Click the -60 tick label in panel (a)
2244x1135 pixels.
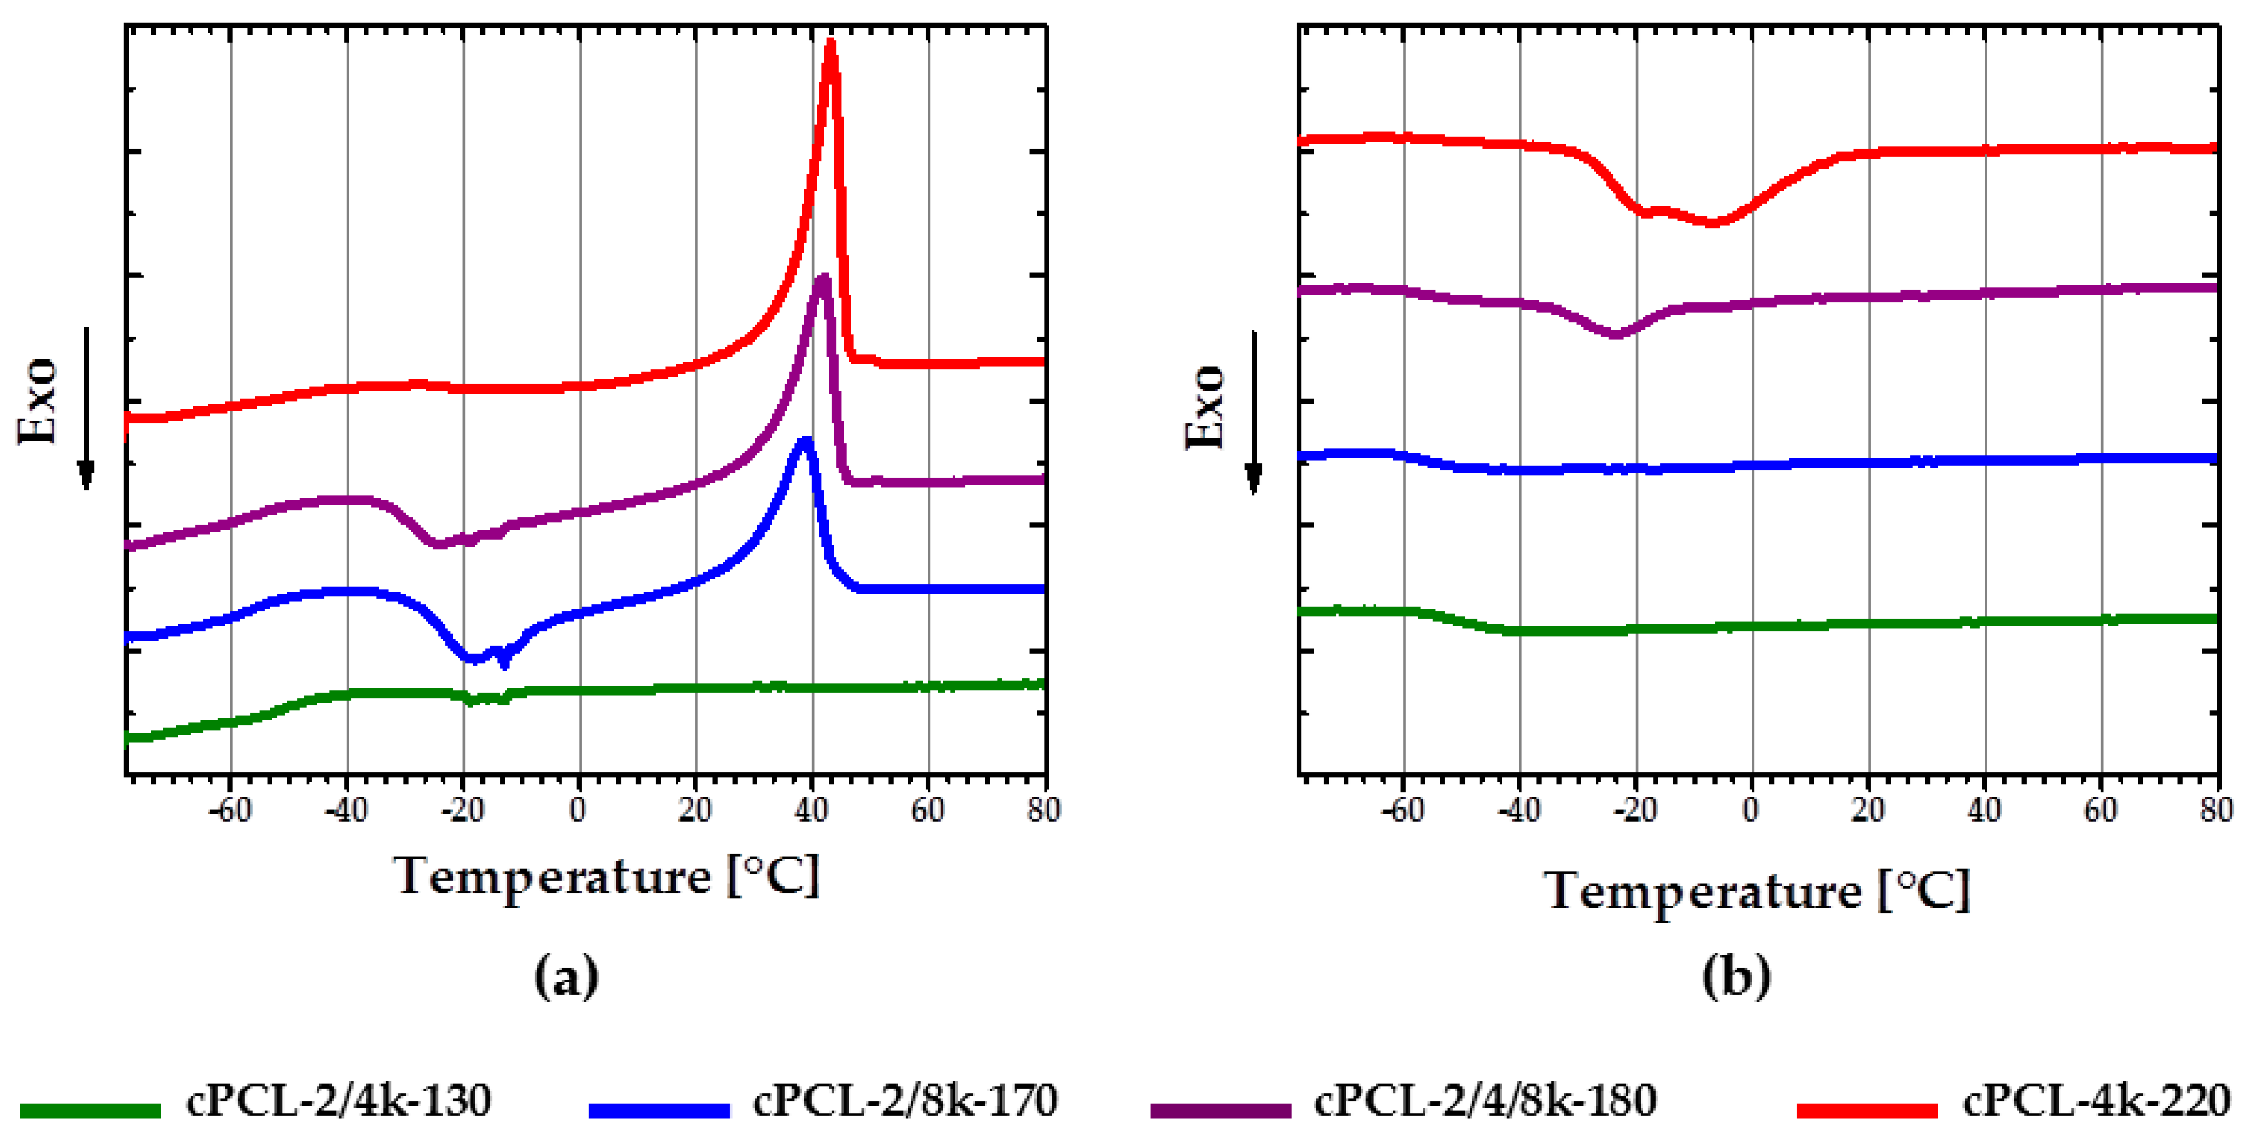230,810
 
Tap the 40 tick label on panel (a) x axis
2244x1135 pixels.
811,810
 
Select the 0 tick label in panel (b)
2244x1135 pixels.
1751,810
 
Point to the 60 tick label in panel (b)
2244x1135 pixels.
2100,810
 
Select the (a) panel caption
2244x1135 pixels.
566,976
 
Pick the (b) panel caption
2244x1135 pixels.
1736,976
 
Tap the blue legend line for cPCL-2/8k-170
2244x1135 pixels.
659,1110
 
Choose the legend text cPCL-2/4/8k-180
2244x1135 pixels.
1485,1101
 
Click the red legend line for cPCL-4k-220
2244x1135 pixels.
1866,1110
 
